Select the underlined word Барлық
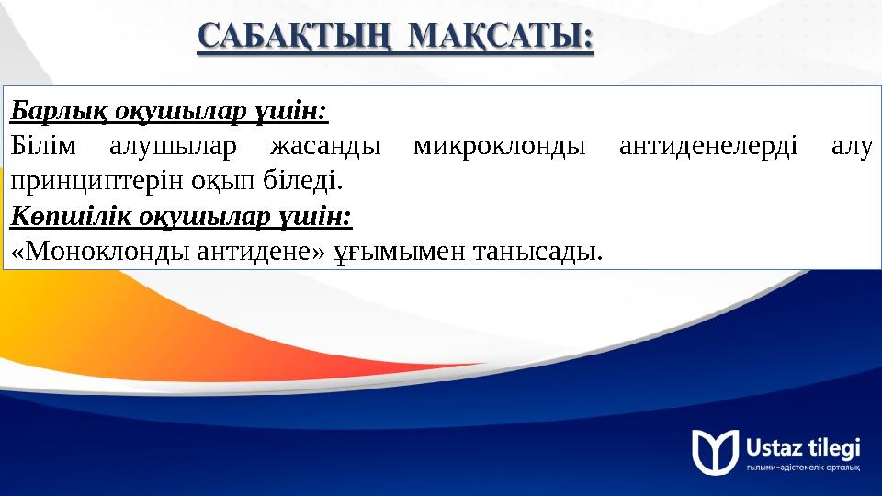(53, 112)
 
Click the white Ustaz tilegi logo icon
(715, 451)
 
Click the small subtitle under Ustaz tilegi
(803, 468)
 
